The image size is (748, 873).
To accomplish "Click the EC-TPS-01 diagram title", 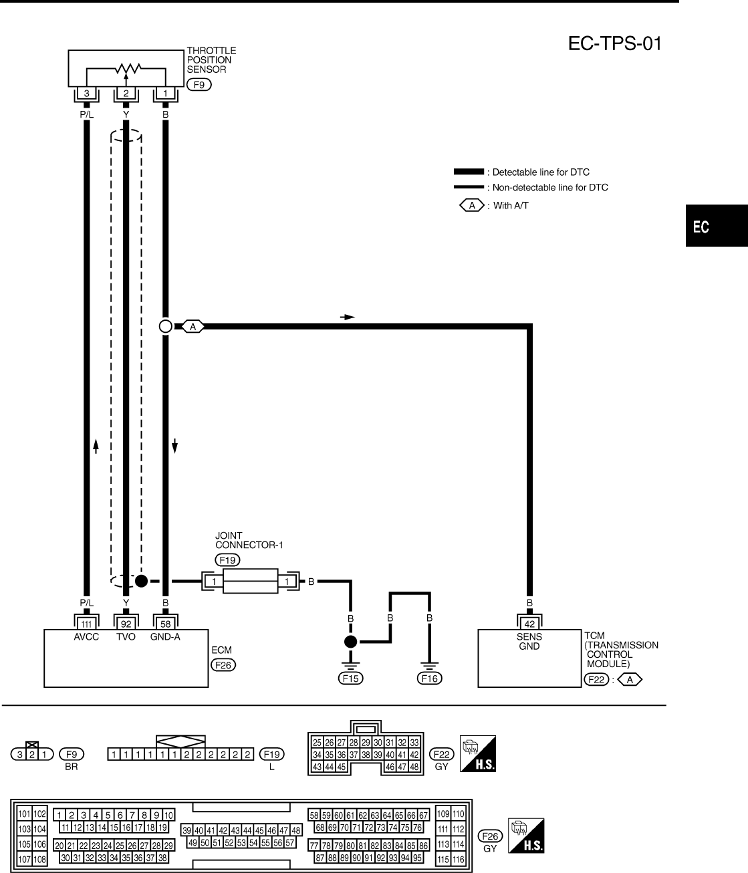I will (616, 44).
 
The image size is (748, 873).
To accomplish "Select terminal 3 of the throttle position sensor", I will (86, 94).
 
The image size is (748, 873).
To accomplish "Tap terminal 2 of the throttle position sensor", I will (125, 94).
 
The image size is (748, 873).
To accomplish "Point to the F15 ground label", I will (350, 678).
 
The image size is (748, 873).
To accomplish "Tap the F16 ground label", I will (429, 678).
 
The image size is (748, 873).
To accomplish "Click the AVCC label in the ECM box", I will (86, 637).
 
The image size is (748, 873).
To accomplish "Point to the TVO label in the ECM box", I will (125, 637).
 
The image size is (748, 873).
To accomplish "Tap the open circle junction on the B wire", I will (166, 326).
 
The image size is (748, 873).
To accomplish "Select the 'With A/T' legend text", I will (511, 206).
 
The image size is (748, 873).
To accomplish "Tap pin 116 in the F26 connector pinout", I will (459, 859).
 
